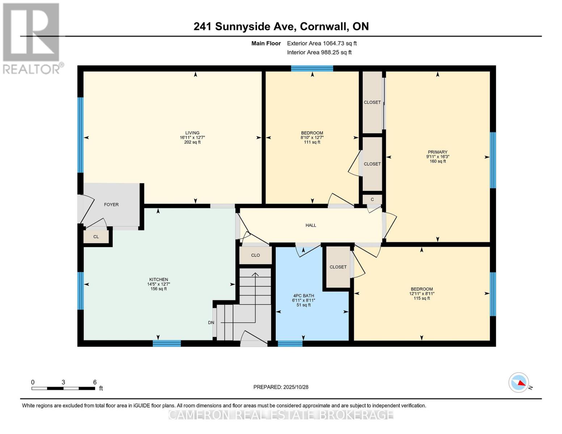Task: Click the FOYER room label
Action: (x=111, y=205)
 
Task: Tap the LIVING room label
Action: (x=192, y=133)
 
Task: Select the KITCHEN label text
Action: (x=159, y=280)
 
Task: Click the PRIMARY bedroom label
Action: (x=438, y=152)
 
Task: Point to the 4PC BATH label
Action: (x=303, y=295)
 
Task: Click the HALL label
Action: (x=310, y=225)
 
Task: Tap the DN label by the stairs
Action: (x=211, y=323)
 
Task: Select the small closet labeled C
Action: (x=372, y=200)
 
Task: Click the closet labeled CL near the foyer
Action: (x=96, y=237)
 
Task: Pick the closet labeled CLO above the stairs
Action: (x=255, y=255)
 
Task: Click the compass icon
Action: (x=519, y=383)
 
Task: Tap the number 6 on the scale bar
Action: (x=95, y=382)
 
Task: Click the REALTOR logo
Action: (x=32, y=38)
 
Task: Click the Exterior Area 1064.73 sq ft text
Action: (x=322, y=43)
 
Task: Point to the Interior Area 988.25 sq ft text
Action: (x=319, y=52)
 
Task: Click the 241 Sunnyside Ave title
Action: (x=281, y=26)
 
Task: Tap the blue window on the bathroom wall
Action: (x=290, y=344)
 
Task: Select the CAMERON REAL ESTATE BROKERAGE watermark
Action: (x=281, y=414)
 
